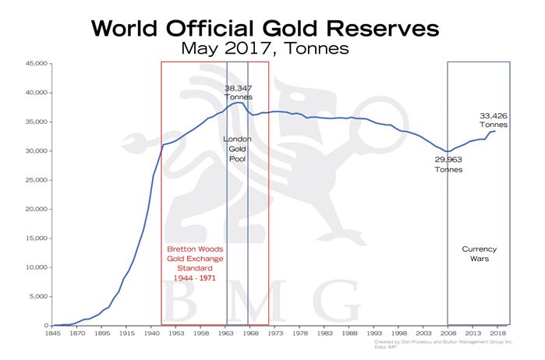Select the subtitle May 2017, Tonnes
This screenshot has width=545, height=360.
[x=264, y=48]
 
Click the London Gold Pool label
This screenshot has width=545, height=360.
[x=237, y=149]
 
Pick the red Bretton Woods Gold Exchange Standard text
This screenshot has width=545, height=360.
[x=192, y=263]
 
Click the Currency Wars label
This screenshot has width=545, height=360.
[x=479, y=253]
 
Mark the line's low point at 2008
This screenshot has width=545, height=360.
[x=448, y=151]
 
